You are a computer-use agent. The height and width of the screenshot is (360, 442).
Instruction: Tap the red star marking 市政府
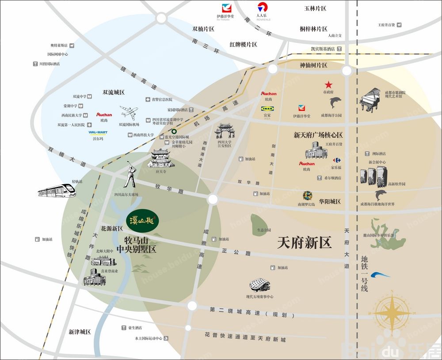point(328,84)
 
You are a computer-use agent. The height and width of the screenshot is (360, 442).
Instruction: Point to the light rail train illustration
point(57,190)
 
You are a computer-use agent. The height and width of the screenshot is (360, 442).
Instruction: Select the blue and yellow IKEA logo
point(267,108)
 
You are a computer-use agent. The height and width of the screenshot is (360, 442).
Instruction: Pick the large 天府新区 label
point(304,243)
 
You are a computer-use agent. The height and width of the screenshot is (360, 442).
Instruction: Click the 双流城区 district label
point(114,93)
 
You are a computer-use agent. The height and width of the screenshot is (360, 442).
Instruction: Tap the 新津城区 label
point(80,332)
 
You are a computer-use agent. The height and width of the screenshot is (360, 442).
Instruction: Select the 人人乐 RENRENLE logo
point(262,8)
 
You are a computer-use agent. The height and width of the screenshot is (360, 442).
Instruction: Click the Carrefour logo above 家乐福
point(337,160)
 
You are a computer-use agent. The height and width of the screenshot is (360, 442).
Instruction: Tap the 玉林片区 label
point(315,8)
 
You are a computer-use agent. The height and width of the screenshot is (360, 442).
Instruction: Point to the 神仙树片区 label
point(313,65)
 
